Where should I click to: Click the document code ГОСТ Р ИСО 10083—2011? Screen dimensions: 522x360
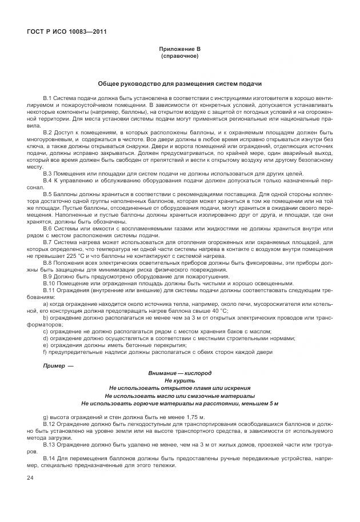(x=67, y=31)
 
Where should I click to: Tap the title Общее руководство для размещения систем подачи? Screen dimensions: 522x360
(x=179, y=83)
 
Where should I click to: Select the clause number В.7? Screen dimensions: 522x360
(x=47, y=243)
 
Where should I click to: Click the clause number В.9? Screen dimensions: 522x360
(x=47, y=276)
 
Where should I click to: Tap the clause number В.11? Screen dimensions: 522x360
(x=49, y=290)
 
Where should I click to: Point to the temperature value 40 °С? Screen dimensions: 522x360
(x=217, y=310)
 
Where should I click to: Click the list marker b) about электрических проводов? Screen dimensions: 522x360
(x=46, y=317)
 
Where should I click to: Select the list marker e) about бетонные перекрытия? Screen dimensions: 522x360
(x=46, y=345)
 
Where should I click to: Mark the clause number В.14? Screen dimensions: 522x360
(x=49, y=460)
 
